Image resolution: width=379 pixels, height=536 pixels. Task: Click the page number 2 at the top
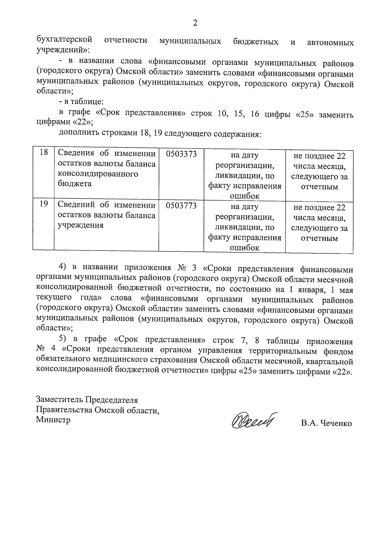[195, 23]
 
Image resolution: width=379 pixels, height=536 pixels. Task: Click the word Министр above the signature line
[53, 420]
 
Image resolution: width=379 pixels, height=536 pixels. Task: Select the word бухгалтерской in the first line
[64, 40]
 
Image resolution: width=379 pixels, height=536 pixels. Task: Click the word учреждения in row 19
[81, 226]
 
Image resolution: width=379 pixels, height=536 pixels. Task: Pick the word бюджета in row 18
[75, 184]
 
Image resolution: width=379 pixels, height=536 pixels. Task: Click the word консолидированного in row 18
[98, 174]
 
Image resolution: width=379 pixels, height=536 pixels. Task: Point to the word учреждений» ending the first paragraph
[63, 50]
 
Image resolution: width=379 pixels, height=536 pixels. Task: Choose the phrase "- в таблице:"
[81, 102]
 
